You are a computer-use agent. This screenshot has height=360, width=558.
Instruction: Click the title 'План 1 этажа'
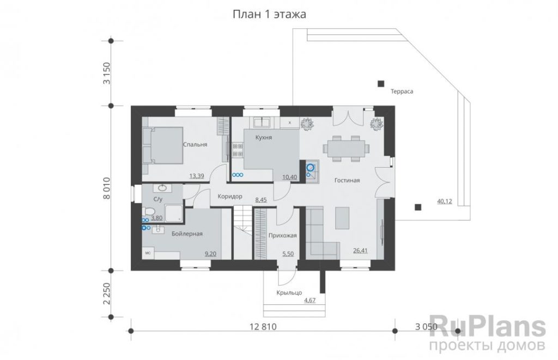[269, 14]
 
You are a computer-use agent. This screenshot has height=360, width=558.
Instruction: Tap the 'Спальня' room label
[195, 144]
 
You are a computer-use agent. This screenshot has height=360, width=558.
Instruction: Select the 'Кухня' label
[264, 137]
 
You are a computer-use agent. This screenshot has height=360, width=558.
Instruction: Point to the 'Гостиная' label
[347, 180]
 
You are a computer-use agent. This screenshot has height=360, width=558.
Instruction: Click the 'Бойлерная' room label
[187, 234]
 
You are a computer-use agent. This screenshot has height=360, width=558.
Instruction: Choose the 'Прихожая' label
[283, 235]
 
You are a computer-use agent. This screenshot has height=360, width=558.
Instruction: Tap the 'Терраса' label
[402, 91]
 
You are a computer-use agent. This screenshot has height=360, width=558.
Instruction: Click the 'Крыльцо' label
[289, 293]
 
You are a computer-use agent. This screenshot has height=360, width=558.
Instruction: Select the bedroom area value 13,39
[197, 176]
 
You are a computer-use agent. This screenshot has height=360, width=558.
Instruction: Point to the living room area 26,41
[360, 251]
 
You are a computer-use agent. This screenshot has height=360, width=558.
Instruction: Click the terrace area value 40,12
[445, 202]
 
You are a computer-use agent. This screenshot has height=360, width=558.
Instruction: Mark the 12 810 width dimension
[263, 327]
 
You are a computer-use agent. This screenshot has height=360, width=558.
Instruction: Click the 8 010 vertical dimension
[107, 188]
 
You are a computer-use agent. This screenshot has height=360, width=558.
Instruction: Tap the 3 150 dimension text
[107, 74]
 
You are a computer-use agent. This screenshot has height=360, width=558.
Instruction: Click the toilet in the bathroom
[147, 211]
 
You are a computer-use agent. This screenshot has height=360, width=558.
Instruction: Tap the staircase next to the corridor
[242, 234]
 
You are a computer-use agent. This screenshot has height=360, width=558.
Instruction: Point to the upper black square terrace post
[381, 84]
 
